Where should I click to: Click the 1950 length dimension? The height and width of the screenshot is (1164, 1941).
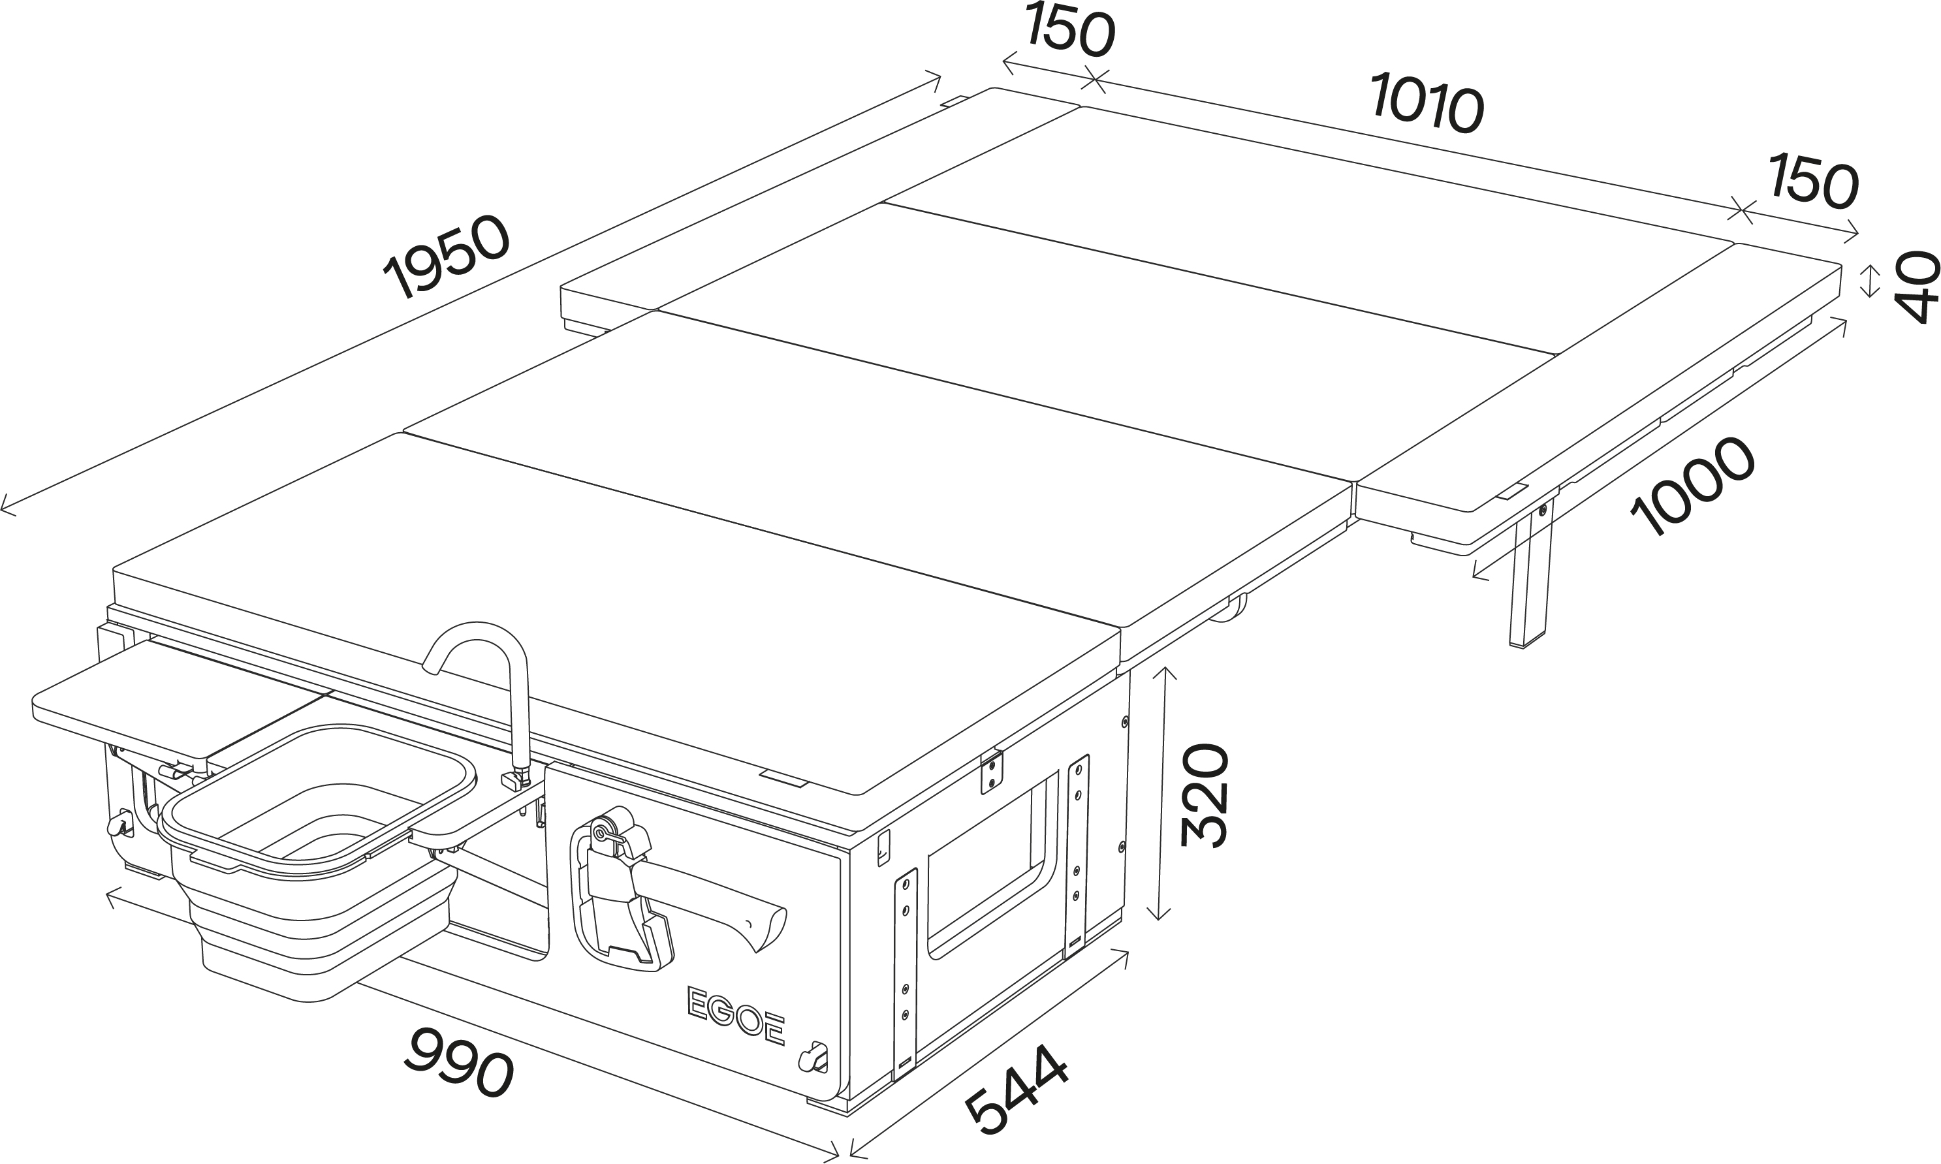tap(447, 257)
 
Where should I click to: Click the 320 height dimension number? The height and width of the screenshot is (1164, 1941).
tap(1204, 794)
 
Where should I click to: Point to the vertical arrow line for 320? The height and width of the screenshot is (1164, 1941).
tap(1159, 792)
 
